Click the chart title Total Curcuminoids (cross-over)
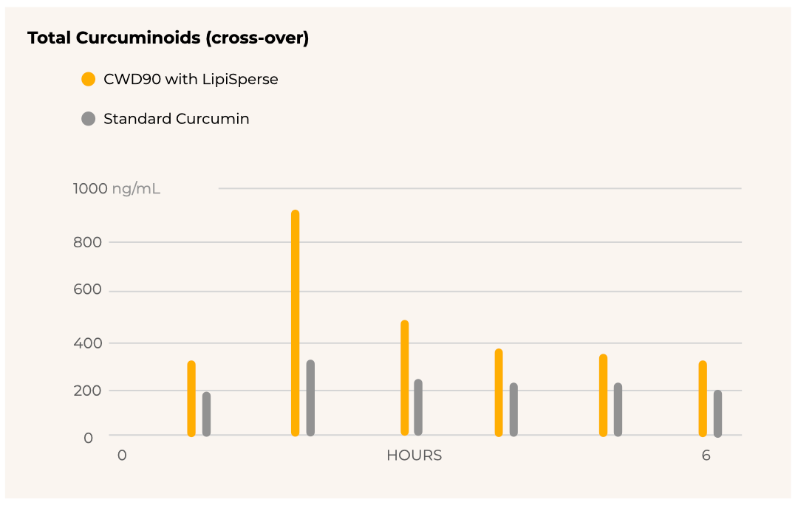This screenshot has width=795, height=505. click(x=168, y=38)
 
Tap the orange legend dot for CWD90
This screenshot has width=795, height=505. click(x=89, y=79)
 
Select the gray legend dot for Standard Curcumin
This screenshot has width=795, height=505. click(x=89, y=118)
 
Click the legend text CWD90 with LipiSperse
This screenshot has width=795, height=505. click(x=191, y=79)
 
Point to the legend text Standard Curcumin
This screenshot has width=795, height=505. click(x=176, y=119)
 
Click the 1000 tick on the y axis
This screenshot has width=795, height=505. click(x=90, y=189)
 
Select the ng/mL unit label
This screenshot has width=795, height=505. click(x=136, y=189)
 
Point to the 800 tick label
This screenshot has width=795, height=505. click(x=88, y=242)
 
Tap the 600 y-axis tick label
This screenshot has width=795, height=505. click(x=88, y=291)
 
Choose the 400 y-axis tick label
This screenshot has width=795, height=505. click(x=88, y=343)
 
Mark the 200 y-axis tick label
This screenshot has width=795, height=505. click(x=88, y=391)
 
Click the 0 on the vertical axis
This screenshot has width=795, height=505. click(x=88, y=438)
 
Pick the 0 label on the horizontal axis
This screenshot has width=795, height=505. click(x=122, y=456)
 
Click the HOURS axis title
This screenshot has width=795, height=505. click(x=414, y=456)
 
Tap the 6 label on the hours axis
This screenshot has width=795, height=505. click(x=706, y=456)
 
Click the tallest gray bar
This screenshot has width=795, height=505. click(x=310, y=398)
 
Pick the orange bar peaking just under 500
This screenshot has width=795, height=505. click(x=405, y=377)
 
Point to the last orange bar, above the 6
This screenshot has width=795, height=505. click(x=703, y=399)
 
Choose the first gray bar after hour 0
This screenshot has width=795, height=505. click(x=206, y=414)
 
